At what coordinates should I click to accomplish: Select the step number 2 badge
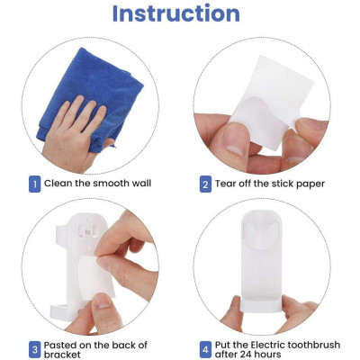pyautogui.click(x=205, y=184)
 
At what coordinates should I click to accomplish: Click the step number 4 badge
pyautogui.click(x=205, y=348)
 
